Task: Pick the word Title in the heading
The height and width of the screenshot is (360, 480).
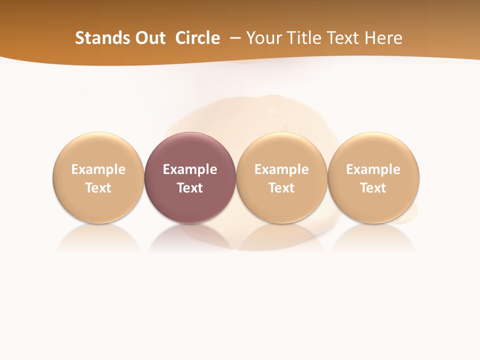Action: click(305, 38)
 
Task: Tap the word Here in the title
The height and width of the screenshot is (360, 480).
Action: click(383, 38)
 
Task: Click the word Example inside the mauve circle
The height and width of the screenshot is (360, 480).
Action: click(190, 169)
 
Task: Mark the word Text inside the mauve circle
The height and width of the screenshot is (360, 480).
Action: click(190, 188)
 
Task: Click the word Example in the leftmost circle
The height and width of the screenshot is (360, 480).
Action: click(98, 169)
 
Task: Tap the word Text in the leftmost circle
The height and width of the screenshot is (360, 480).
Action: click(98, 188)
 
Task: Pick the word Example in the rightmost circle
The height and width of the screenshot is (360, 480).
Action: click(373, 169)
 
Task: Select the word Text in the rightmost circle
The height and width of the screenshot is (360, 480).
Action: click(373, 188)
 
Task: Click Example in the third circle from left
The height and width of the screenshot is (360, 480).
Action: click(281, 169)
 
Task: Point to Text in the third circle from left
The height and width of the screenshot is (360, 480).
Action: click(281, 188)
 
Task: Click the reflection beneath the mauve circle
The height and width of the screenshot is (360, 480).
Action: click(190, 237)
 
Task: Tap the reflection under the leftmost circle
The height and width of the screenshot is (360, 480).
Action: click(98, 237)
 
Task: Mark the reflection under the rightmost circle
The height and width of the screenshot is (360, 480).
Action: click(373, 237)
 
